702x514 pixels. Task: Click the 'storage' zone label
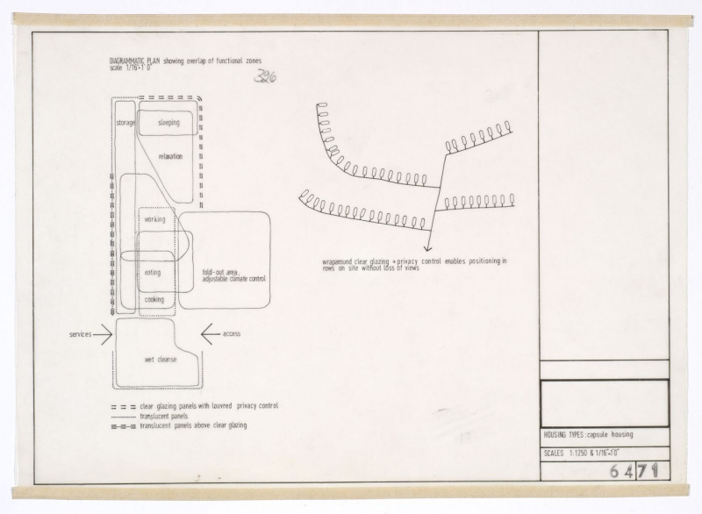point(125,123)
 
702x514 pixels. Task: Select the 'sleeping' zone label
point(168,123)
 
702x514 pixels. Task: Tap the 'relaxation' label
point(170,156)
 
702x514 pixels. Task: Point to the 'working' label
point(154,219)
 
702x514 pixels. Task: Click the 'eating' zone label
point(153,273)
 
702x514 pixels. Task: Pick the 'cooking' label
point(154,300)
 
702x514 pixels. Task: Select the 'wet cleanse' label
point(161,361)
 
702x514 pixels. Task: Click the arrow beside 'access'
point(212,333)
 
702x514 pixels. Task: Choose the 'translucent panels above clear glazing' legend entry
point(193,425)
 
